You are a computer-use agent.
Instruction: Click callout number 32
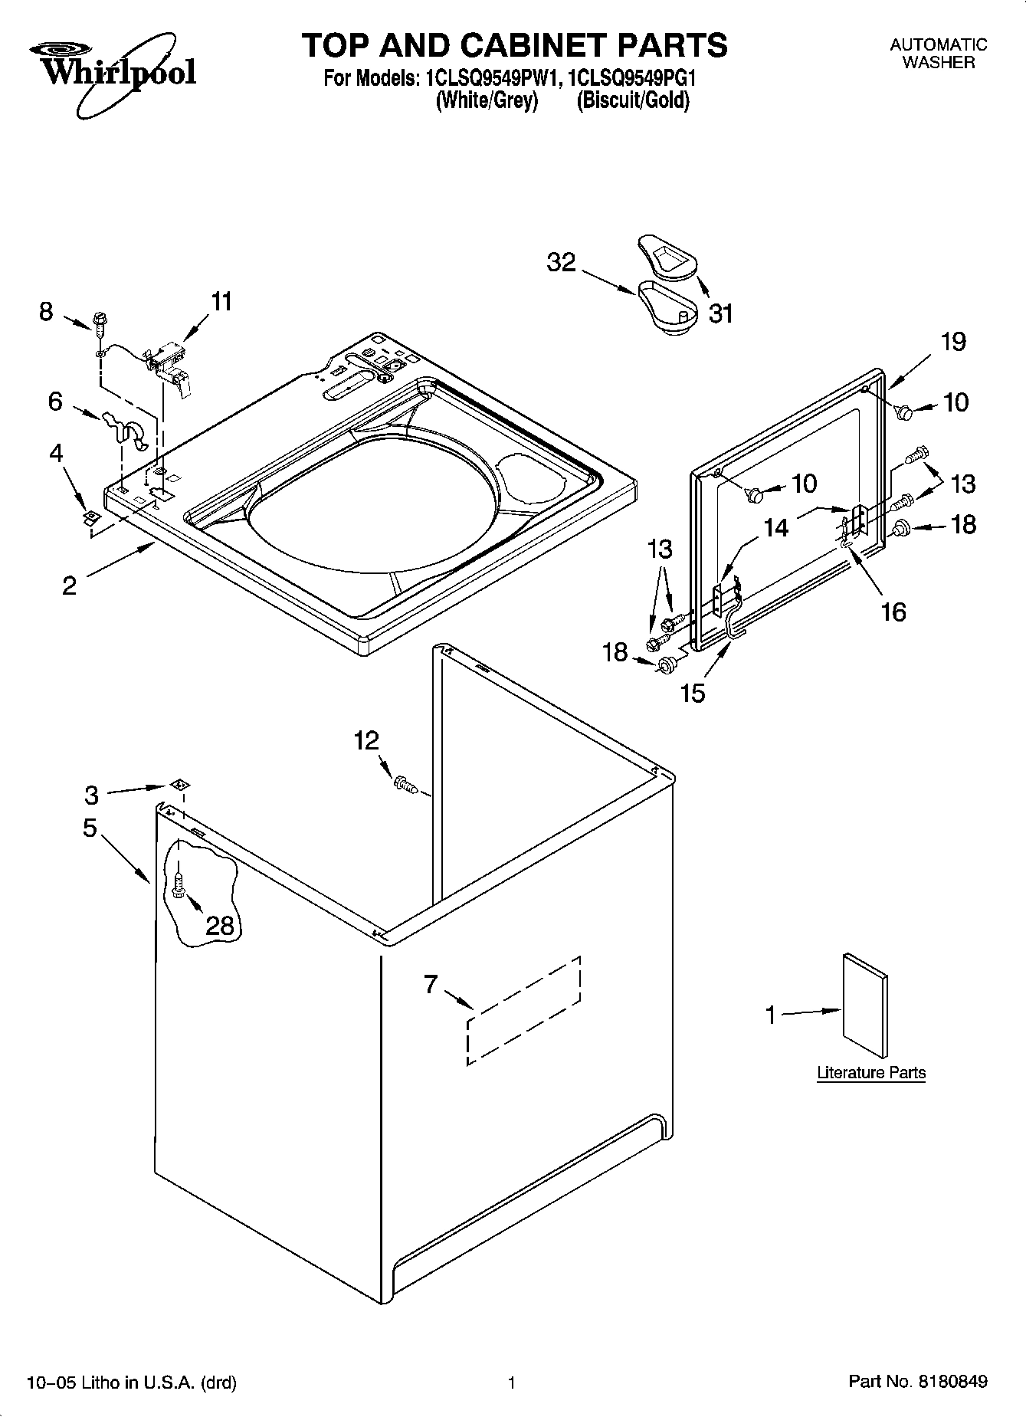561,263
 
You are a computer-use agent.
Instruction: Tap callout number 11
221,302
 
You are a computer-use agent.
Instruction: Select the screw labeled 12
403,784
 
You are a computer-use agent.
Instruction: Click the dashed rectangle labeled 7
523,1010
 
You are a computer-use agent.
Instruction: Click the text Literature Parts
870,1073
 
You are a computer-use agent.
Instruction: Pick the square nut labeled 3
179,784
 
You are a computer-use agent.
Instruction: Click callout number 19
952,342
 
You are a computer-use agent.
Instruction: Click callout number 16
893,612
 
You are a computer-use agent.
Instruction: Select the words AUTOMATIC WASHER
938,54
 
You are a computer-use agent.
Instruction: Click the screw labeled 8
100,322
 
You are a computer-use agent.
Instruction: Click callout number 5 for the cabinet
90,828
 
